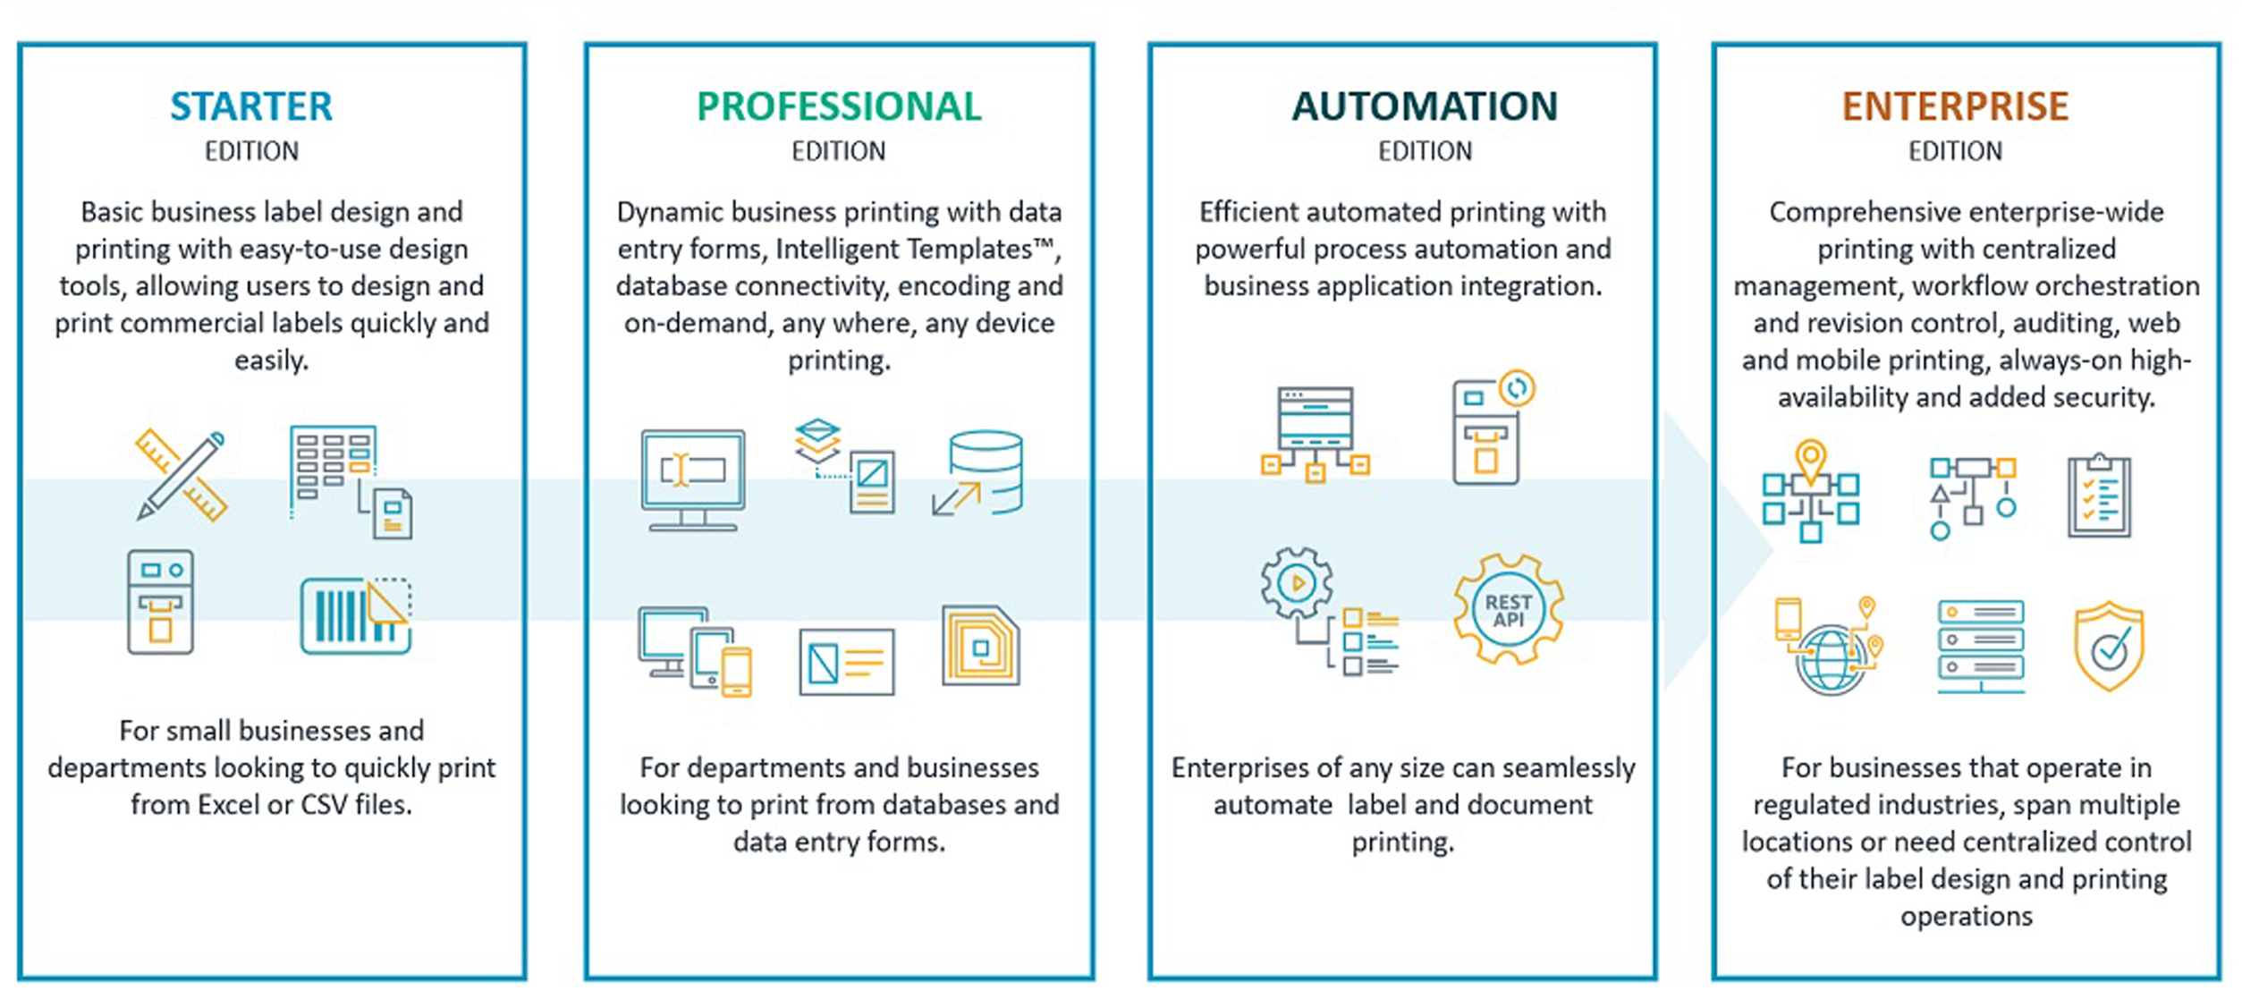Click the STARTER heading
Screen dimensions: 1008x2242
pyautogui.click(x=251, y=106)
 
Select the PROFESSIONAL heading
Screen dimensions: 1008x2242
pyautogui.click(x=839, y=106)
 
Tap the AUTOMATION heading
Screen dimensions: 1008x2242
pyautogui.click(x=1425, y=106)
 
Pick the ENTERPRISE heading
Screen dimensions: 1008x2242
pyautogui.click(x=1955, y=106)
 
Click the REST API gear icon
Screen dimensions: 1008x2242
pyautogui.click(x=1509, y=609)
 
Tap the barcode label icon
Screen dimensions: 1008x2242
pyautogui.click(x=356, y=615)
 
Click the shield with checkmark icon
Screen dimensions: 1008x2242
pyautogui.click(x=2109, y=647)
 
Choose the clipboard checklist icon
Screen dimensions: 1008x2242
pyautogui.click(x=2099, y=496)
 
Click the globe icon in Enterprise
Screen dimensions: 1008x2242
pyautogui.click(x=1830, y=658)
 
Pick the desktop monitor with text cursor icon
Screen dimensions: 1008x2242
pyautogui.click(x=693, y=479)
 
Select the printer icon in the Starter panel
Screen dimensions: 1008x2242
pyautogui.click(x=160, y=602)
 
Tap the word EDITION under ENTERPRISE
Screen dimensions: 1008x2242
pyautogui.click(x=1955, y=151)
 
